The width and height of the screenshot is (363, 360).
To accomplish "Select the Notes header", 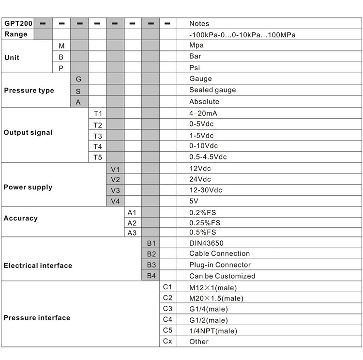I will [x=199, y=24].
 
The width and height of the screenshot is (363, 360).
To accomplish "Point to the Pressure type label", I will [x=29, y=91].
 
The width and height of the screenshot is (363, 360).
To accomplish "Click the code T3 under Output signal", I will [x=98, y=136].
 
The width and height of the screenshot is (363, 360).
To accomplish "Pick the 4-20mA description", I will [x=203, y=113].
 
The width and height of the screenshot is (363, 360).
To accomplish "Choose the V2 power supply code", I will [x=115, y=180].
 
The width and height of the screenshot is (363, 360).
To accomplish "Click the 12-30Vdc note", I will [x=206, y=190].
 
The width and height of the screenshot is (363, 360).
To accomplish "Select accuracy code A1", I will [x=132, y=213].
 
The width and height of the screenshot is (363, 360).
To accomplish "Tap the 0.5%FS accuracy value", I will [x=205, y=233].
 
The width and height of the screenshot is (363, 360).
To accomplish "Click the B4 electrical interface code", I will [x=151, y=275].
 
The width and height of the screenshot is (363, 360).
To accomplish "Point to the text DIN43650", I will [x=207, y=243].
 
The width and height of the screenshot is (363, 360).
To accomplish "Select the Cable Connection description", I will [x=219, y=254].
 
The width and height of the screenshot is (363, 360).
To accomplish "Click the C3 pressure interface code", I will [x=167, y=309].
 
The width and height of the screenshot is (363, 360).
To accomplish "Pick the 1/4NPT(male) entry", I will [x=213, y=331].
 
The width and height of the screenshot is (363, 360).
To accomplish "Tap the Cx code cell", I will [x=167, y=342].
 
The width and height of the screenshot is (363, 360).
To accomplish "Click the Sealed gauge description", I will [x=212, y=90].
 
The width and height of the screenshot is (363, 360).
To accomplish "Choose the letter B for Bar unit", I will [x=61, y=57].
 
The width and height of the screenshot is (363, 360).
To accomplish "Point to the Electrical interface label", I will [x=38, y=266].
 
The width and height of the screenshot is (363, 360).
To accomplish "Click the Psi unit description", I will [x=195, y=68].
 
